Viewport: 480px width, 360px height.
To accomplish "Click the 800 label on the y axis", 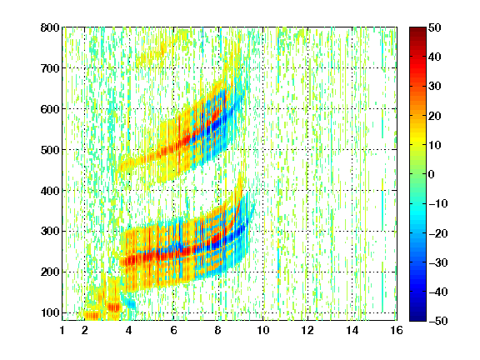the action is (50, 27).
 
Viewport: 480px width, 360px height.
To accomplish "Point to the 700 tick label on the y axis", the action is (50, 68).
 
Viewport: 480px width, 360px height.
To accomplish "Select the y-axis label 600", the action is (50, 109).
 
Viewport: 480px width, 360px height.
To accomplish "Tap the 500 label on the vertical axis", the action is (50, 150).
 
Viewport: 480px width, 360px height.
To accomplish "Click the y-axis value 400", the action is (50, 191).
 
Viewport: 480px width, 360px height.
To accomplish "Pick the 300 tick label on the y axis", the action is (50, 232).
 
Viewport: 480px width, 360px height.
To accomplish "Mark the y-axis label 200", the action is (50, 272).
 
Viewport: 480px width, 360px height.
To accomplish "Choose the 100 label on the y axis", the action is (50, 312).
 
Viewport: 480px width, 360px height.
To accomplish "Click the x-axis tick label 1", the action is (62, 330).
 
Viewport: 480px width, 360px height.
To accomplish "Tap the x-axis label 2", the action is (85, 330).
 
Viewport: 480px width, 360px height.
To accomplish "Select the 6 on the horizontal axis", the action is (173, 330).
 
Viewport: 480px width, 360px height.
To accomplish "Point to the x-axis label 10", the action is (262, 330).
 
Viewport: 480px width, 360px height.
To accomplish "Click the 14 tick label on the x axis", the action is (352, 330).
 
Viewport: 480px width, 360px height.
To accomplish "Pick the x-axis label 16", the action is (397, 330).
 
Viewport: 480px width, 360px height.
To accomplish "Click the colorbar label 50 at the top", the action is (434, 27).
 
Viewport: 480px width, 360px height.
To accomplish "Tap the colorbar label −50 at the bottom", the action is (438, 321).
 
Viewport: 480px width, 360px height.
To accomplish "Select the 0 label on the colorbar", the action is (432, 174).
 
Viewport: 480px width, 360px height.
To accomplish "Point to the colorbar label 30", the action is (434, 87).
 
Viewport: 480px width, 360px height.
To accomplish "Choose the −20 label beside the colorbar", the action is (438, 233).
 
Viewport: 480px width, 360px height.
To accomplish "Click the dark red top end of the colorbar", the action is (417, 29).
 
